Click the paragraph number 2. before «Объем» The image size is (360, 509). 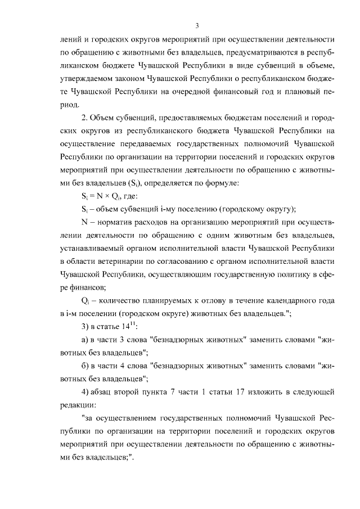pos(84,118)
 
